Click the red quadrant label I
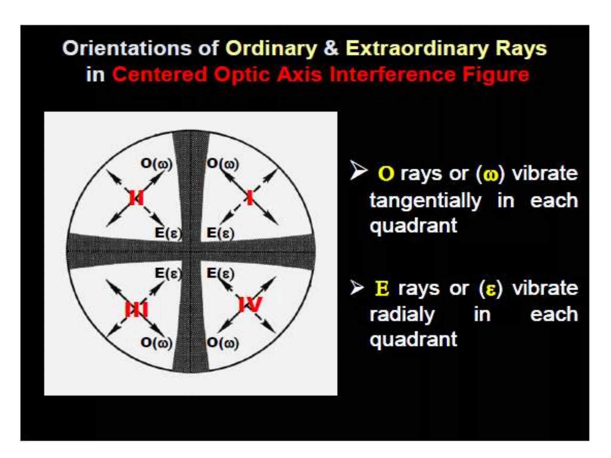click(250, 198)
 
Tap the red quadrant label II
click(136, 198)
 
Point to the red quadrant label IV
click(250, 305)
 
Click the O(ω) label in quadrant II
click(156, 164)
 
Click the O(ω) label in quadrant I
click(223, 164)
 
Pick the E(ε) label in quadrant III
click(168, 273)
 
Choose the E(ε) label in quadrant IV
click(220, 273)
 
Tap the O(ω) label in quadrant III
click(156, 343)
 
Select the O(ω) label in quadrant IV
click(223, 343)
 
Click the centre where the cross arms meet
click(191, 252)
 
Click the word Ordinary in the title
click(271, 49)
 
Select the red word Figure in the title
click(496, 75)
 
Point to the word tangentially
click(425, 201)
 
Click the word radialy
click(402, 315)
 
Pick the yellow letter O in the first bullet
click(386, 174)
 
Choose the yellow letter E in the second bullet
click(382, 288)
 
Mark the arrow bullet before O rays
click(358, 171)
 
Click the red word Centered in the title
click(159, 75)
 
